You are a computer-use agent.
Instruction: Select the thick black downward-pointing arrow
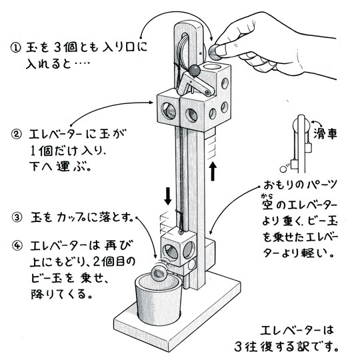click(x=169, y=196)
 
